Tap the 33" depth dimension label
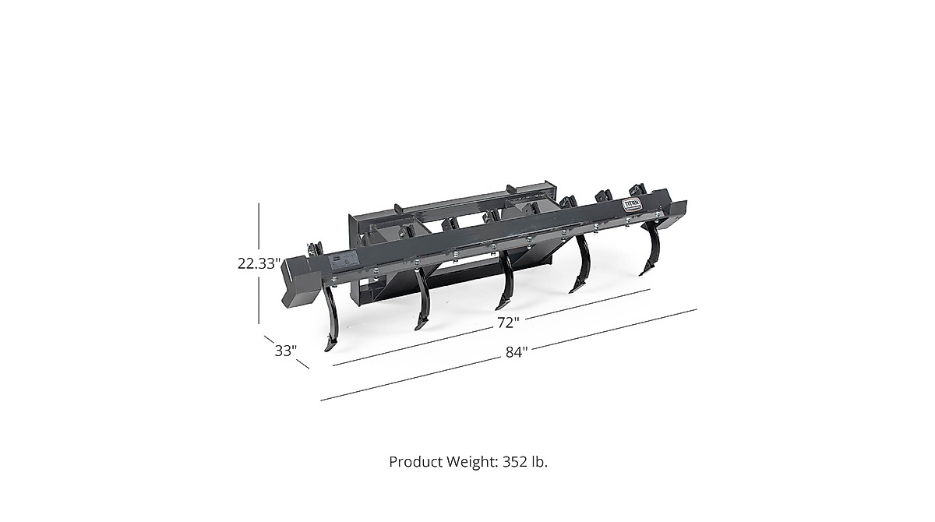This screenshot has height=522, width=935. (285, 351)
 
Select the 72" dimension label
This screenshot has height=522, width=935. (507, 321)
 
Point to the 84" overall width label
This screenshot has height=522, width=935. (516, 351)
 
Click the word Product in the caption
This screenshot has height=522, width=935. (414, 462)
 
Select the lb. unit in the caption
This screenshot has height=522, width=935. (539, 462)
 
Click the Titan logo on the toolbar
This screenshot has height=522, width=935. (631, 204)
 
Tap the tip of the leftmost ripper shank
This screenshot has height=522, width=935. (329, 350)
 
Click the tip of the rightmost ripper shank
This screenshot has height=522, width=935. (642, 273)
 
